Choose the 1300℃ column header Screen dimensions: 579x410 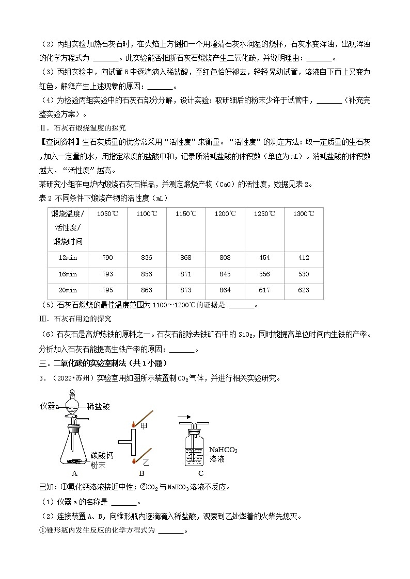point(304,214)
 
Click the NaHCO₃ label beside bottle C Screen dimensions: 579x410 point(223,450)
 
